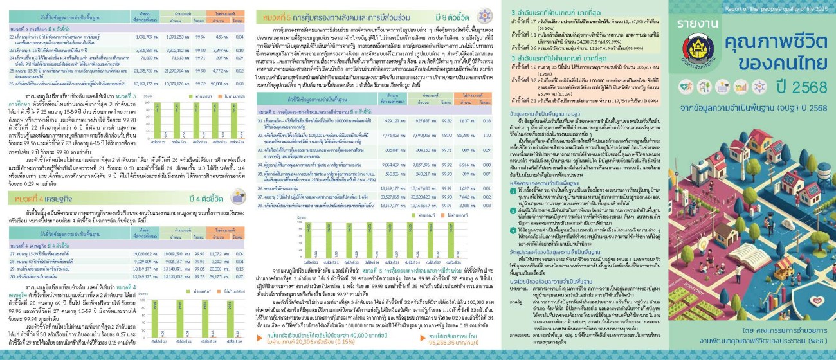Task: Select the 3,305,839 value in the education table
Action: (141, 49)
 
